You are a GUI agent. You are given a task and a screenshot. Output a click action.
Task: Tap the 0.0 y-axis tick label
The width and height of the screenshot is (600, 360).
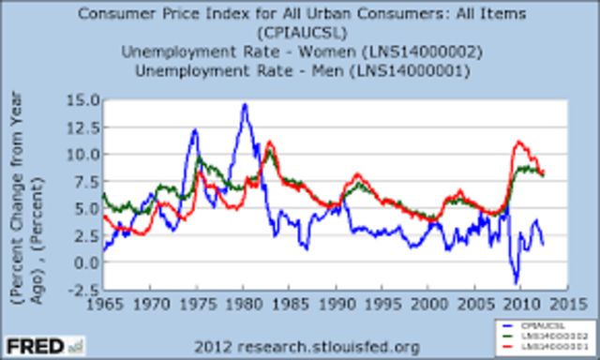82,262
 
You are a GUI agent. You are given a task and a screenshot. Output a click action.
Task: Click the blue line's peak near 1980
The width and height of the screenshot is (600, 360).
245,104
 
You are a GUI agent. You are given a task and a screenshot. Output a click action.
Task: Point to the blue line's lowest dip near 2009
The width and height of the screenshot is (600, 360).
515,282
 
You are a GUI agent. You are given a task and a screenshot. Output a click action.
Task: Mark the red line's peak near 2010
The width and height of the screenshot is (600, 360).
518,142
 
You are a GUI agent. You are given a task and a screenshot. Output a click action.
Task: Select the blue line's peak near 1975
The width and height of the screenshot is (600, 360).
195,129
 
